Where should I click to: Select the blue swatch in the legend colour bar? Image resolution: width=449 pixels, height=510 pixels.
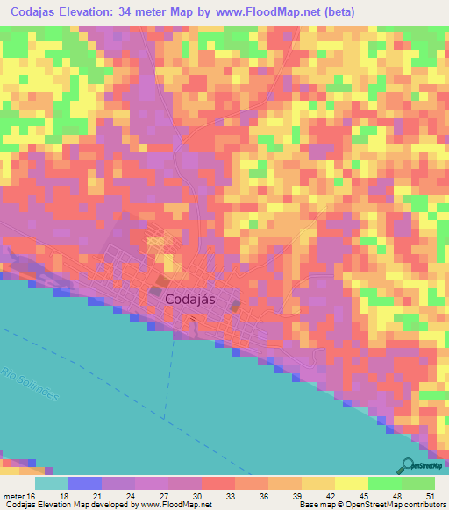point(84,483)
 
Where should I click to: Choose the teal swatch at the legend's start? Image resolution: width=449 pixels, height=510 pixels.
point(51,483)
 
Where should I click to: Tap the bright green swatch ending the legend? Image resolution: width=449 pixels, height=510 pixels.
point(417,483)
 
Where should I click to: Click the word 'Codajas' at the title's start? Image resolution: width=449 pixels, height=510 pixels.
point(36,12)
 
